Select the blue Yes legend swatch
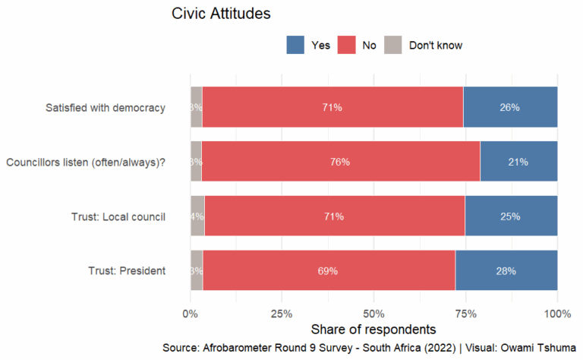tap(295, 45)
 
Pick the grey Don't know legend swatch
tap(393, 45)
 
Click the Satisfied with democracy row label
tap(106, 107)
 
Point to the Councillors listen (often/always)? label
tap(86, 162)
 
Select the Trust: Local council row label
tap(116, 216)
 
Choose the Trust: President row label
tap(126, 270)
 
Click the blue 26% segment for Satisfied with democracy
tap(510, 107)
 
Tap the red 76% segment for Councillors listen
tap(340, 162)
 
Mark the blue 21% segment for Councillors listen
tap(518, 162)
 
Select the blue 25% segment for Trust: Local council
tap(511, 216)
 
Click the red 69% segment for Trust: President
tap(329, 270)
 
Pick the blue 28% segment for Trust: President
tap(506, 270)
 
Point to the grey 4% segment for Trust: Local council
tap(197, 216)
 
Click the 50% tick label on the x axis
tap(374, 313)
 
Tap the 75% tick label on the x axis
tap(466, 313)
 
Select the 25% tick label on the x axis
tap(282, 313)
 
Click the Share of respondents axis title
tap(373, 330)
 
